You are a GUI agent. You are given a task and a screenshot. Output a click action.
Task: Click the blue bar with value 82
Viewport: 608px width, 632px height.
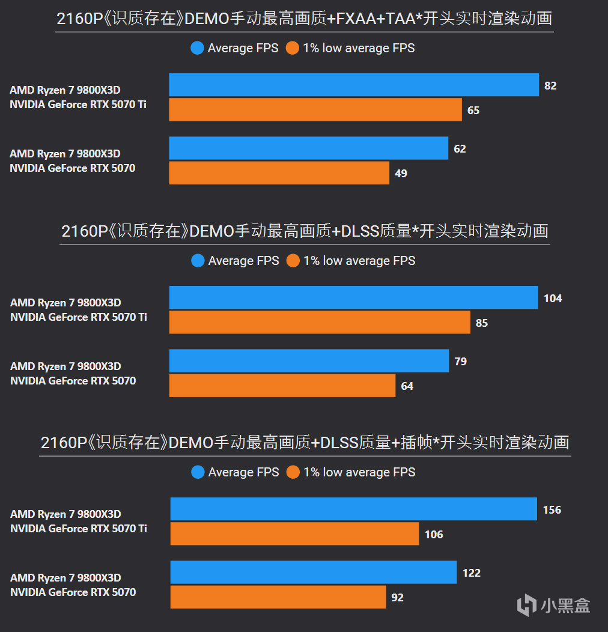click(353, 85)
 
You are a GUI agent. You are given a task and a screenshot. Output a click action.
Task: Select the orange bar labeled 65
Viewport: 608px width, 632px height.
click(315, 110)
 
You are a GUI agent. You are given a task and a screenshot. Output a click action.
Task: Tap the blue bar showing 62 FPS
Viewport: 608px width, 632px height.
click(308, 148)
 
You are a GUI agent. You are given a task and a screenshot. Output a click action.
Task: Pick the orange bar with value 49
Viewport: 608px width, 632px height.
click(279, 173)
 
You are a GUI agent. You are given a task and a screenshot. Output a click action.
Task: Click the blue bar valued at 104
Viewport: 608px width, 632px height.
click(353, 297)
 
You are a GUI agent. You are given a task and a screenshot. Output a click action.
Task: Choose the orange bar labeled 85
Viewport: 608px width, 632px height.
click(319, 322)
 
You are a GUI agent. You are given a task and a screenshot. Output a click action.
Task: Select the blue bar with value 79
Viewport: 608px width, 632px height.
click(309, 360)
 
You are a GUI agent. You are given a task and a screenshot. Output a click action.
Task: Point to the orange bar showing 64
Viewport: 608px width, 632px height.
click(282, 386)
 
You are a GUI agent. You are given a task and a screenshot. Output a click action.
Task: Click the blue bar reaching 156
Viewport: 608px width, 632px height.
click(353, 509)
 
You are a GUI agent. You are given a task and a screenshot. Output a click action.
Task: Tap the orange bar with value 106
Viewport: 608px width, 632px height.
click(294, 533)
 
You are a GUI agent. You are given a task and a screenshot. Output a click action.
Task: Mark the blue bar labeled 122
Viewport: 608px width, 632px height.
click(313, 572)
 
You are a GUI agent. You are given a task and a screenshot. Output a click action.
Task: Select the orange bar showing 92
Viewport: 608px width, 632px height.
click(278, 597)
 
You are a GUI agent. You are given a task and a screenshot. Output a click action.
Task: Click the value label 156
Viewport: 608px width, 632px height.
click(552, 509)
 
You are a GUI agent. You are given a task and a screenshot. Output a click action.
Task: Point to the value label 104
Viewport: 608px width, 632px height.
click(553, 298)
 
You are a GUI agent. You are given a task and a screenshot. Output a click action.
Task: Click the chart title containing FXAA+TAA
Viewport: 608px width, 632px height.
click(304, 19)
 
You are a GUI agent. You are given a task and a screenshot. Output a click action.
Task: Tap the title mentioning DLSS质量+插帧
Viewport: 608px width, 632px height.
click(305, 443)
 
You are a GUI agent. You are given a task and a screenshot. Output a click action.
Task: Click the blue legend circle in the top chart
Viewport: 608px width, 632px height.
click(197, 48)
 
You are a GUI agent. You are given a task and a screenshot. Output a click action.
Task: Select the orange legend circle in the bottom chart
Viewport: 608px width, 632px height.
click(293, 472)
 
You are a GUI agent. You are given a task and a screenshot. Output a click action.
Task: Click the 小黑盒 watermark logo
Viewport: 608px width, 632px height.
click(553, 604)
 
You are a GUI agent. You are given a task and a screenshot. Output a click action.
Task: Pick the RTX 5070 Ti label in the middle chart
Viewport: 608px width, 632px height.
click(78, 317)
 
